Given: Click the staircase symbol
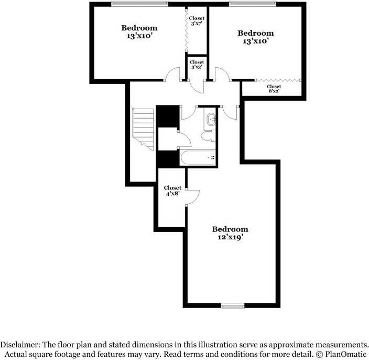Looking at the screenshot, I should coord(143,128).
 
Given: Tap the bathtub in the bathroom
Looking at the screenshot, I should coord(197,157).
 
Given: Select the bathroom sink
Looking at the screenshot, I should coord(211,120).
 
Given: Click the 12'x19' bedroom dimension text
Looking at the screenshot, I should coord(230,237).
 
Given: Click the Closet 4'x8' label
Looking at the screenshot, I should coord(172,191).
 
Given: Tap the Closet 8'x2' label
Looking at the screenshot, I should coord(274,89).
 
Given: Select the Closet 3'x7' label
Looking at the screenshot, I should coord(197,21).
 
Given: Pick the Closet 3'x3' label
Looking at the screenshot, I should coord(197,65).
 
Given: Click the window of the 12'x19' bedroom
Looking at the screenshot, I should coord(233,305).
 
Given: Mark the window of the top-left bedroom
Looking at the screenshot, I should coord(139,4).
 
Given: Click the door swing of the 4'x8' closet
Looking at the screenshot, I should coord(193,195).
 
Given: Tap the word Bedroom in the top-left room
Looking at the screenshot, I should coord(139,28).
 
